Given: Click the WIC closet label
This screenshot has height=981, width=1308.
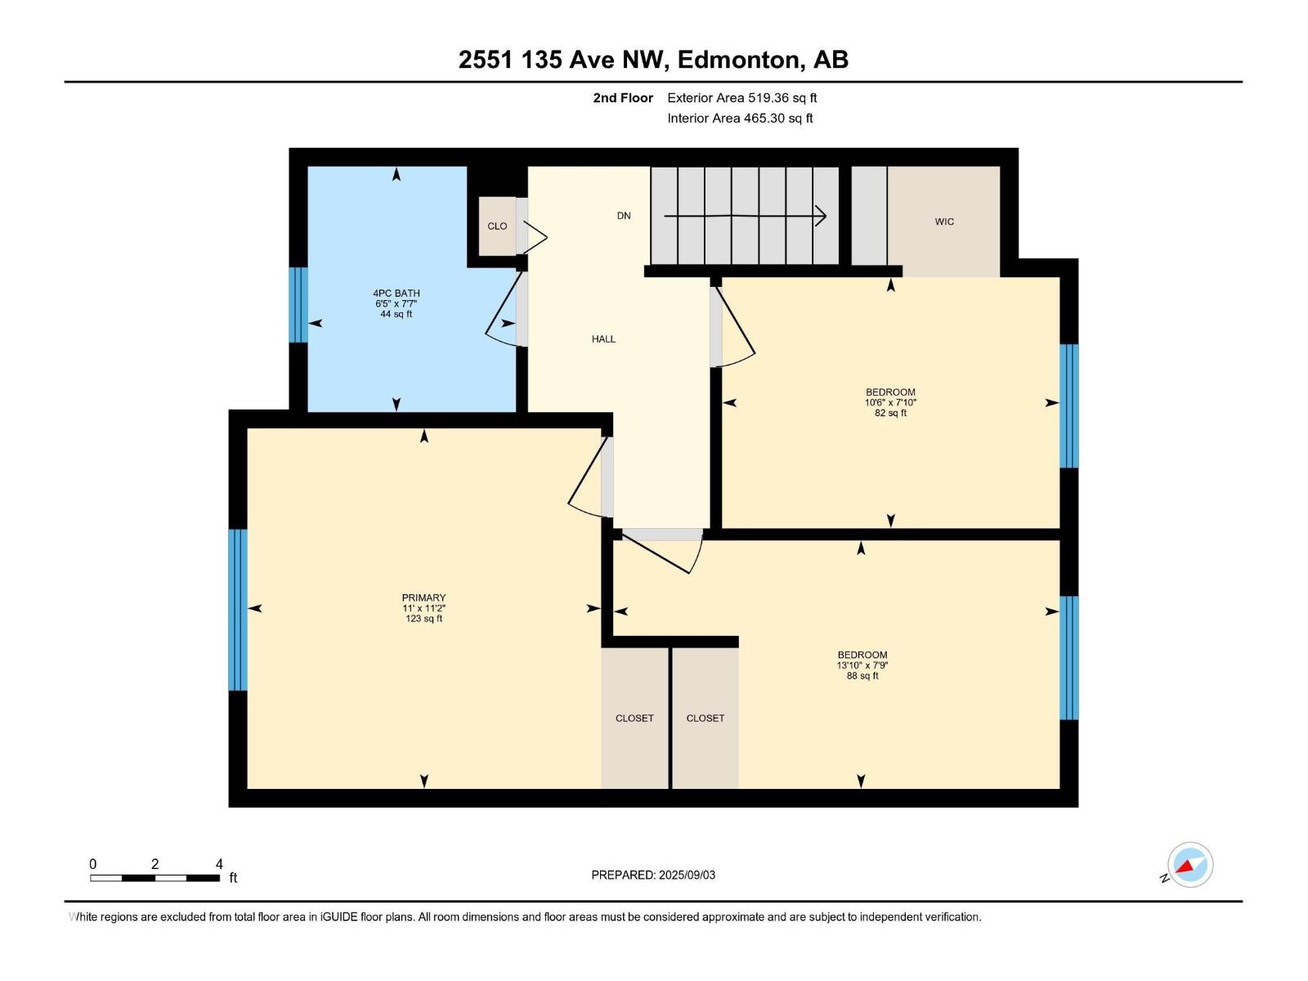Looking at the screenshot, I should [x=944, y=222].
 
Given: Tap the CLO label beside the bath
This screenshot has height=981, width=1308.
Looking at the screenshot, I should [x=497, y=226].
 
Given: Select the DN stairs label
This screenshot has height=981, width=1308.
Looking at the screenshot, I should [x=624, y=216].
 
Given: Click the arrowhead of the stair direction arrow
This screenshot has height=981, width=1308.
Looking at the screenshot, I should [x=821, y=217].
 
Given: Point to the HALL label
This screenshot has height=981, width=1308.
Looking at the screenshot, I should [x=603, y=338].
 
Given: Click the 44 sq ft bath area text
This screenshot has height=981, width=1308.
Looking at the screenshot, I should [x=396, y=314].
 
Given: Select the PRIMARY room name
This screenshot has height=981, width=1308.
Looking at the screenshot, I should [x=423, y=598].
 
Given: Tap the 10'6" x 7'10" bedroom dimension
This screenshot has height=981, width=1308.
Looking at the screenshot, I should [x=890, y=402].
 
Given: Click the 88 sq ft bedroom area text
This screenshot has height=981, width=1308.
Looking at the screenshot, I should [x=862, y=676].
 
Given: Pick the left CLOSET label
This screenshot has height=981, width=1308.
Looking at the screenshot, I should [x=634, y=718].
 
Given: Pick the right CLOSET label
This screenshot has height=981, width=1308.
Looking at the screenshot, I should [x=705, y=718].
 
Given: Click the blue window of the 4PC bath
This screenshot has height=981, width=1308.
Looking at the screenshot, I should [x=298, y=305].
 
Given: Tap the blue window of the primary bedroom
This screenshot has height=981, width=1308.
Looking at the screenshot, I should [x=237, y=610].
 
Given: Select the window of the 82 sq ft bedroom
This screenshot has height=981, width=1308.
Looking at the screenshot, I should [x=1069, y=405].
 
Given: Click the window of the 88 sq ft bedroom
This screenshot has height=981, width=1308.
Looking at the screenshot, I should [x=1069, y=657].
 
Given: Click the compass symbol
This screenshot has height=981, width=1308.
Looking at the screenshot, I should [x=1189, y=865].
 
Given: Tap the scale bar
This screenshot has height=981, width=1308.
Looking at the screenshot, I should [x=155, y=878].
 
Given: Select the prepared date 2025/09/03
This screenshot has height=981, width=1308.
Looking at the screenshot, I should [x=687, y=875].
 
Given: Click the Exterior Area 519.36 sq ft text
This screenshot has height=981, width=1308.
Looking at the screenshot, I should [x=741, y=98].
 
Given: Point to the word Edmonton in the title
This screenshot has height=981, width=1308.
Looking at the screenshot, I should [x=738, y=60].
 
